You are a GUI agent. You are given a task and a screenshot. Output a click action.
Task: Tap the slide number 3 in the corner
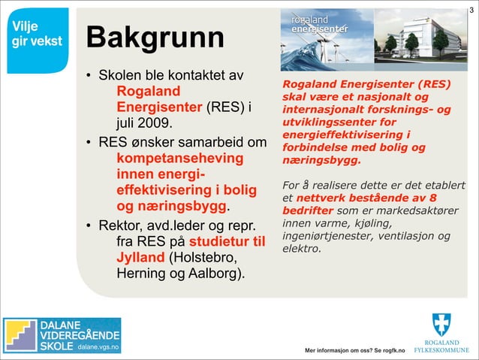click(471, 8)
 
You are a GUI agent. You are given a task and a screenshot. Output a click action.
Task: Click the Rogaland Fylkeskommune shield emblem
click(442, 325)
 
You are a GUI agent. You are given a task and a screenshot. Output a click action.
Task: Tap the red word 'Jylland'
click(140, 258)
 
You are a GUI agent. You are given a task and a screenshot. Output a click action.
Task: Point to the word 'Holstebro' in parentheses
click(205, 258)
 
